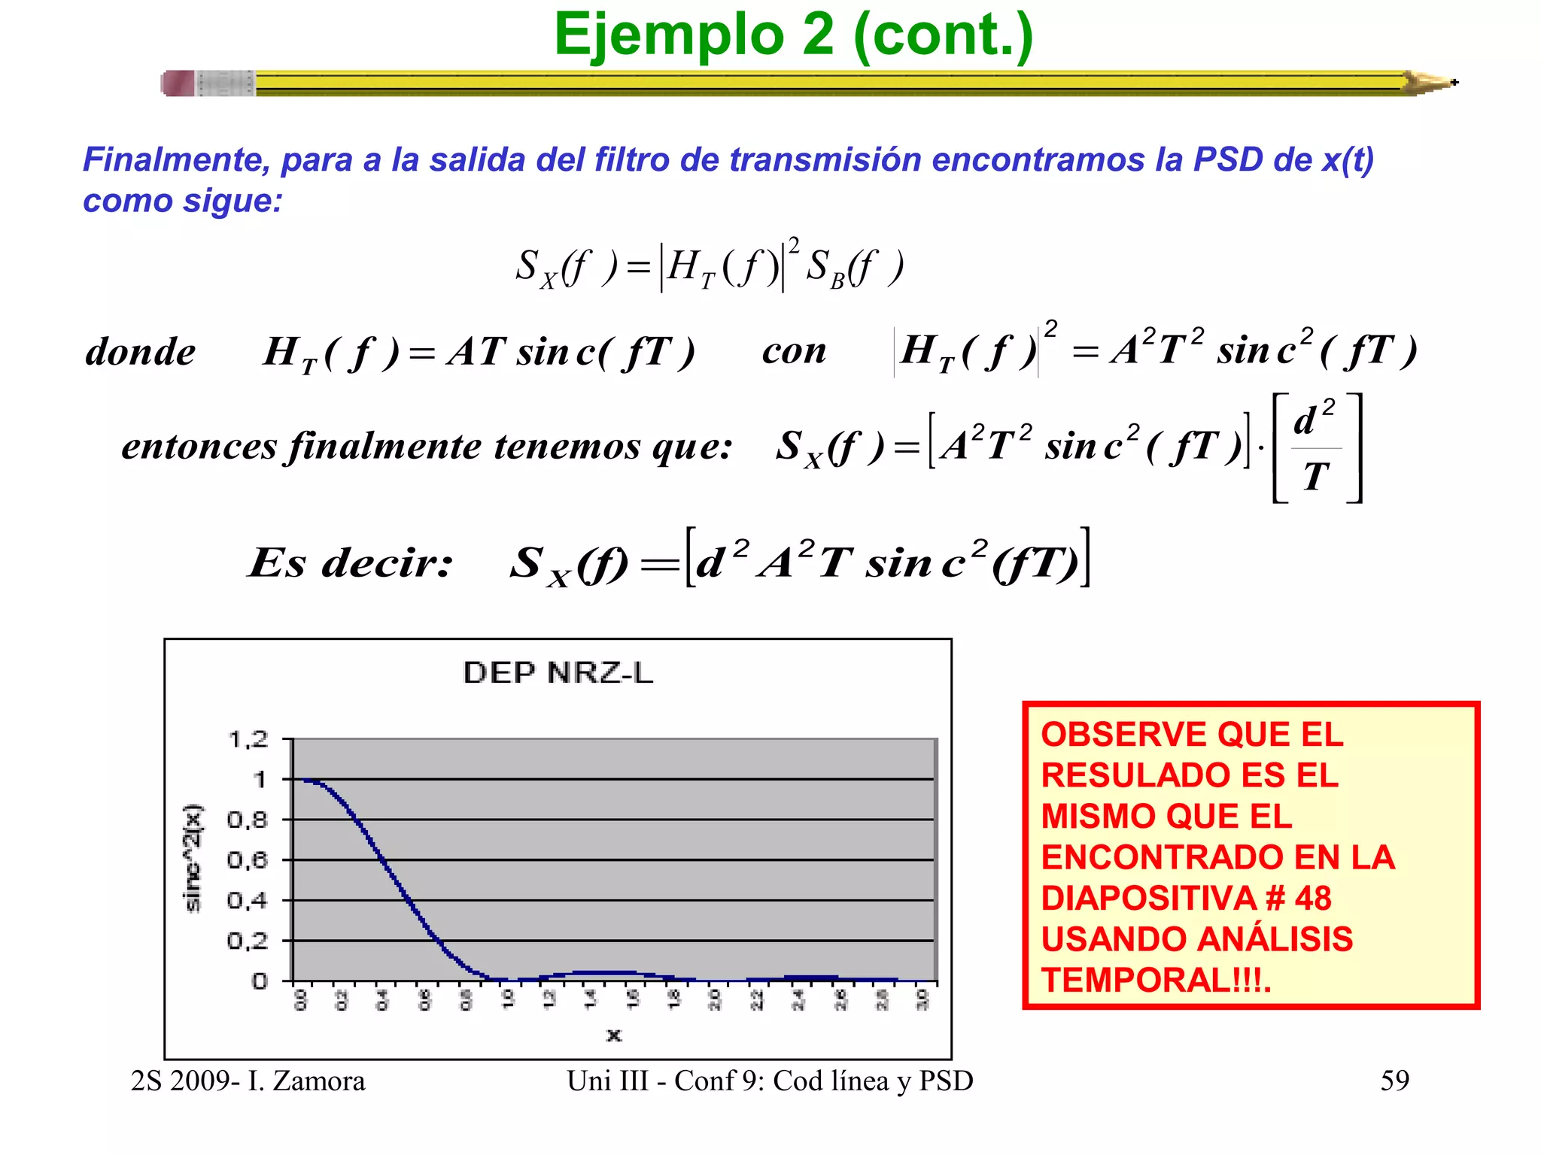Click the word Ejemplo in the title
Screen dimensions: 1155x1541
point(669,35)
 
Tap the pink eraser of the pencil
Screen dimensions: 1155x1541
point(178,83)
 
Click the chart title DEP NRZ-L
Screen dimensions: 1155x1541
point(558,672)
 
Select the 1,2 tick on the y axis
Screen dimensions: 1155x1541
point(248,740)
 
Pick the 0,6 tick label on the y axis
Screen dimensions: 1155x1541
point(248,859)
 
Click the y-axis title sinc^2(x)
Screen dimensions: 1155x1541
point(194,858)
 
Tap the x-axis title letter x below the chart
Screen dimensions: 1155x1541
point(614,1035)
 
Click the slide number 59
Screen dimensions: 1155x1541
point(1394,1081)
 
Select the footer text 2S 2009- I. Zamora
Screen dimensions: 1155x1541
point(248,1081)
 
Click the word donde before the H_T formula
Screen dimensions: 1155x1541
point(140,352)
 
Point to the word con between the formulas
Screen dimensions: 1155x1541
point(794,351)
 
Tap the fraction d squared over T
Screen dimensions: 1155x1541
point(1316,447)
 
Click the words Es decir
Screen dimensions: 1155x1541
point(351,562)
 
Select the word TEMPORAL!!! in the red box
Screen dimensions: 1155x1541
point(1154,980)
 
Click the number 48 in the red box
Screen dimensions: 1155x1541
point(1313,898)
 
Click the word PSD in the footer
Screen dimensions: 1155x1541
point(946,1081)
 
